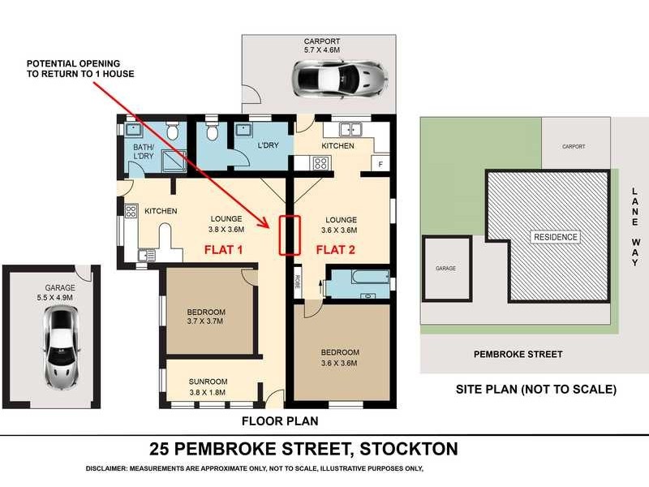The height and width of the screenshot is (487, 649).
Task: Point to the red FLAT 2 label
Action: pos(336,249)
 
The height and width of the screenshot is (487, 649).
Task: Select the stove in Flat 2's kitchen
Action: pos(320,162)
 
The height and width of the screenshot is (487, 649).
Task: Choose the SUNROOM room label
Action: pos(208,381)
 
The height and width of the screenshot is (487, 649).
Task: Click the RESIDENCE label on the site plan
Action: pos(557,237)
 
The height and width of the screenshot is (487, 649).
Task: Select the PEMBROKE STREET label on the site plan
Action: pos(518,354)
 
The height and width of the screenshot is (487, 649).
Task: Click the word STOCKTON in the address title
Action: pos(409,449)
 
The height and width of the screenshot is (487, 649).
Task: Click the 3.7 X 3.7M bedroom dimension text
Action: pos(206,321)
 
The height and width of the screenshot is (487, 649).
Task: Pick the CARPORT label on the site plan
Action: pos(573,147)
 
